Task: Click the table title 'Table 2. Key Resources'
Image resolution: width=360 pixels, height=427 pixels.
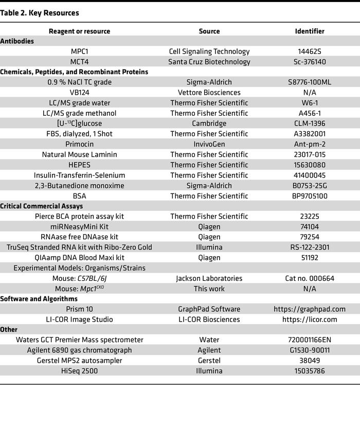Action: [x=40, y=12]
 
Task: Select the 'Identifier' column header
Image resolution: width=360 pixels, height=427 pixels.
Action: [x=310, y=31]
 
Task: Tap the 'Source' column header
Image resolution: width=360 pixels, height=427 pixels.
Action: [x=209, y=31]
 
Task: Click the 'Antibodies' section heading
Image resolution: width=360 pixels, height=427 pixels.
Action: [x=17, y=41]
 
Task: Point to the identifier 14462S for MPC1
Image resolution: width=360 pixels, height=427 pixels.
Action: [x=310, y=51]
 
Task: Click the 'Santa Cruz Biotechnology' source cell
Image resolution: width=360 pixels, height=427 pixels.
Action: [x=209, y=62]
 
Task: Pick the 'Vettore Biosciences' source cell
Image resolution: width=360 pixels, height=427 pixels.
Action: [x=209, y=93]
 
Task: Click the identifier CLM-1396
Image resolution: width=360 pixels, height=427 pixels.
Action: [x=310, y=123]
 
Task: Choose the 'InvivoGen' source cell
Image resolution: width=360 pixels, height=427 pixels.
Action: [x=209, y=144]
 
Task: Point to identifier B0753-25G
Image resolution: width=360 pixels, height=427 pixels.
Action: [x=310, y=185]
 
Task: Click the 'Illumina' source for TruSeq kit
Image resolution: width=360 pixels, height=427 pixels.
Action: [x=209, y=247]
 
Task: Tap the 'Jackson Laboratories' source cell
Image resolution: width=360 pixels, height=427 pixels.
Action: [x=209, y=278]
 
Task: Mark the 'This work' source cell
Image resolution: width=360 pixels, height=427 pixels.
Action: [x=209, y=289]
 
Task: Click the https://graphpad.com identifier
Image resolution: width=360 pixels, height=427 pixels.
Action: [x=310, y=309]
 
